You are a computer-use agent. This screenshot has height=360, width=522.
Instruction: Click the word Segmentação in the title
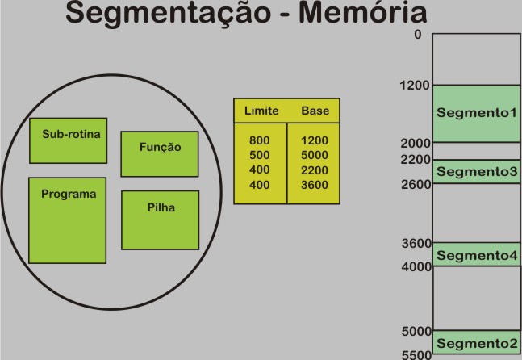point(168,14)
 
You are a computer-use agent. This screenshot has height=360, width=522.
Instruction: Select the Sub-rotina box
point(69,140)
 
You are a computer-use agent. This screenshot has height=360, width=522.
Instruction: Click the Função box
point(160,154)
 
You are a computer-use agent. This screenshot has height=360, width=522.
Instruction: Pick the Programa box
point(68,220)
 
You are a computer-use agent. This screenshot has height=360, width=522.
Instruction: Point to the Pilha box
point(160,220)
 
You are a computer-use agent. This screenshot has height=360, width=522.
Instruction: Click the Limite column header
point(261,111)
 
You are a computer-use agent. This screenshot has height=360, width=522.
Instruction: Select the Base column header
point(315,111)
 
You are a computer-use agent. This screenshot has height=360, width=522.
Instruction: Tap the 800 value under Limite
point(260,140)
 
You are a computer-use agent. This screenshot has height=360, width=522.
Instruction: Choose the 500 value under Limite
point(260,155)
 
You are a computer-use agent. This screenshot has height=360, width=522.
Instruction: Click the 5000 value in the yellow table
point(315,155)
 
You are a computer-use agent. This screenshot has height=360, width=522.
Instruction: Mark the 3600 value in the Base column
point(315,185)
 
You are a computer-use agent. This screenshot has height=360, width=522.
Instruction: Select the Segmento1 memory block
point(476,114)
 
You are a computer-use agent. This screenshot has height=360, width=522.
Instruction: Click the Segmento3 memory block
point(476,171)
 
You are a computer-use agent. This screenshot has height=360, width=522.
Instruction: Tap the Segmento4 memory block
point(476,254)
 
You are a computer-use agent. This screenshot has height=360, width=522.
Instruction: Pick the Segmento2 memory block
point(476,342)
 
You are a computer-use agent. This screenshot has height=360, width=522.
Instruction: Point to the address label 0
point(418,34)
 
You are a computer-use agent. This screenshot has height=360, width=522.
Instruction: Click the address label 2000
point(416,144)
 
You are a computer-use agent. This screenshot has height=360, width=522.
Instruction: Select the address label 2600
point(416,184)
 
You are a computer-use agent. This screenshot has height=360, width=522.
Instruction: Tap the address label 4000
point(416,266)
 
